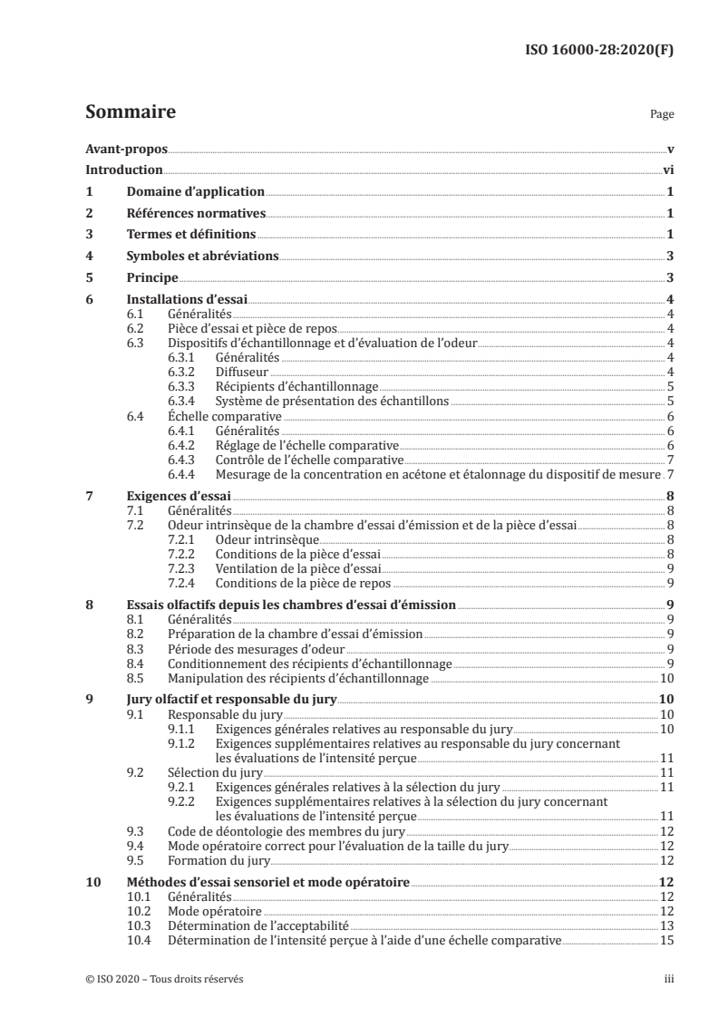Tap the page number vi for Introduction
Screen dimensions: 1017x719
point(667,169)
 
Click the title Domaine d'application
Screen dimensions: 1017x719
point(195,191)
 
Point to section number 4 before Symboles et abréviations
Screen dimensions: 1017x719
point(89,257)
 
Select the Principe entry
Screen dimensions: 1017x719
point(152,278)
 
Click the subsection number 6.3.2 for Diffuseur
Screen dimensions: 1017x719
point(182,372)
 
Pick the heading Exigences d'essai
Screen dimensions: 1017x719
point(179,497)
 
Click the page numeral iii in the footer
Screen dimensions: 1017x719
point(668,980)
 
